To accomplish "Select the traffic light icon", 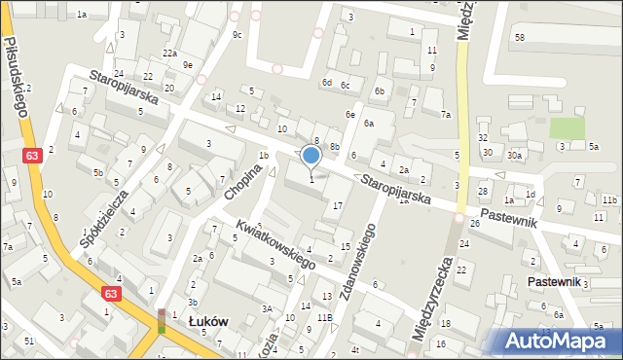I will tap(162, 320).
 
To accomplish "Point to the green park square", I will tap(567, 128).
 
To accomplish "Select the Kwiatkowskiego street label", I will tap(275, 244).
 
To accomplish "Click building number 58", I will tap(520, 37).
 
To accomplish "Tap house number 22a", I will tap(169, 54).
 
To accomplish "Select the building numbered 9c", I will tap(237, 35).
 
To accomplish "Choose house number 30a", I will tap(514, 155).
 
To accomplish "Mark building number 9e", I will tap(187, 65).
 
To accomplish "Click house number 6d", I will tap(327, 83).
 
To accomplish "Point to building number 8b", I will tap(334, 147).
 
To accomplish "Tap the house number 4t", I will tap(355, 349).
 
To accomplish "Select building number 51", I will tap(29, 341).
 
